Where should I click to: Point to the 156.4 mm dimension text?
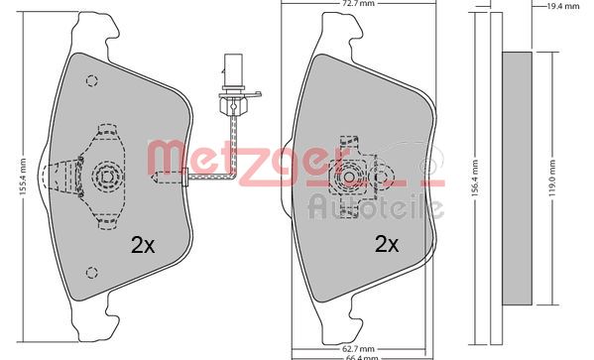tap(475, 179)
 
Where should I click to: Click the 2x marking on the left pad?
tap(144, 243)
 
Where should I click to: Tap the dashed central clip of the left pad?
tap(103, 177)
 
